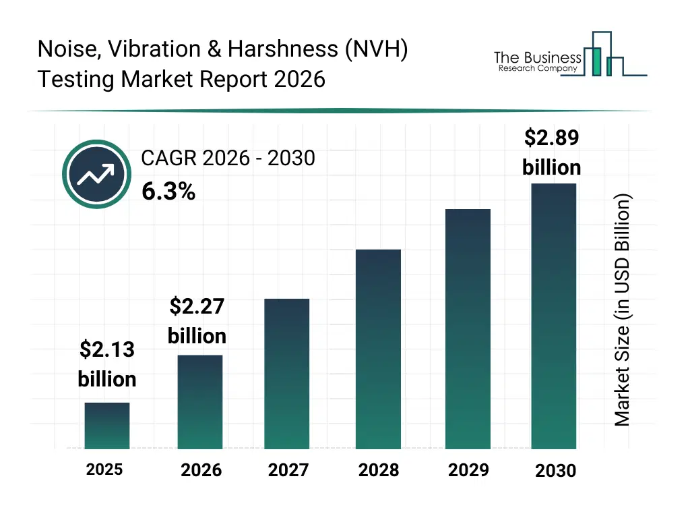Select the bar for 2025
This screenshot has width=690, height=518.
(x=107, y=426)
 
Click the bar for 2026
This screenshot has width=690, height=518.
(x=200, y=402)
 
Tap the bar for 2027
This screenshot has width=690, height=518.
(x=287, y=374)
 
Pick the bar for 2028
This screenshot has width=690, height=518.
(x=378, y=349)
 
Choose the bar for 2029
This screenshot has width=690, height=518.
(x=468, y=329)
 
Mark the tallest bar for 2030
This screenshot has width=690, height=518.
(x=554, y=316)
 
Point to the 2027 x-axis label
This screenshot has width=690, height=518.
(x=288, y=470)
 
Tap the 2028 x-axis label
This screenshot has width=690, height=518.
(x=378, y=470)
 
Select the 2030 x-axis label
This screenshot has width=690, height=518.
(x=556, y=471)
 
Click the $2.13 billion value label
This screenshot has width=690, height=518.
(x=107, y=364)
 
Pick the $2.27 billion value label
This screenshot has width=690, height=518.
(x=197, y=321)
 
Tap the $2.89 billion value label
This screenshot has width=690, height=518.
(x=552, y=152)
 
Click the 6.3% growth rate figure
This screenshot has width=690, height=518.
(x=168, y=192)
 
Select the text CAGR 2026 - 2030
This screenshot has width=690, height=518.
(x=228, y=158)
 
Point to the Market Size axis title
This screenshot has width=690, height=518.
(x=623, y=310)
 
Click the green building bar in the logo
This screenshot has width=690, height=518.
(x=595, y=61)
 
